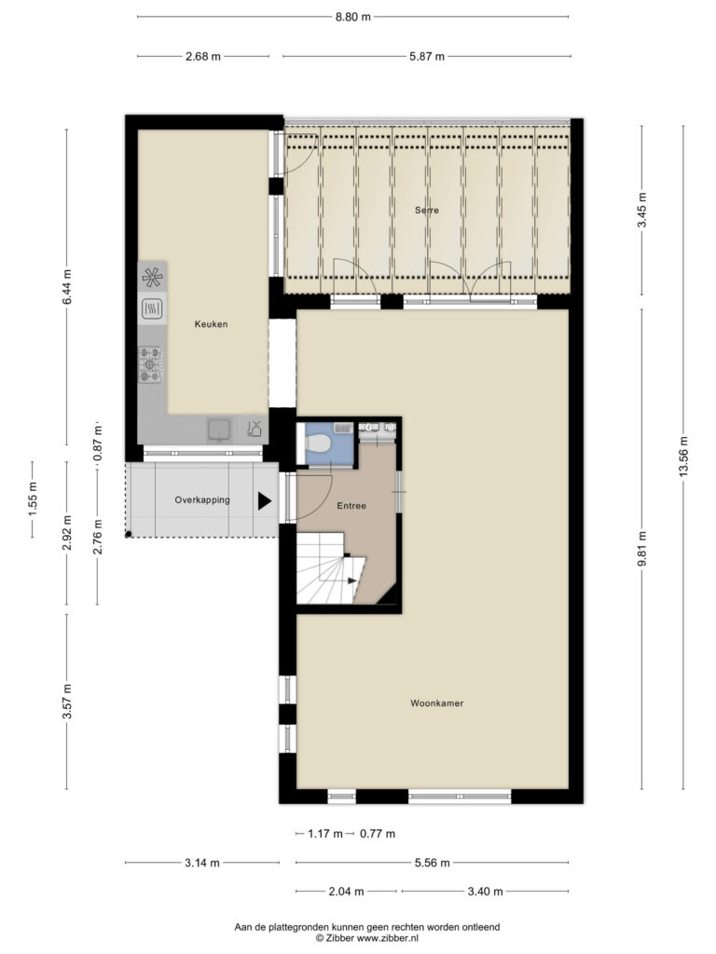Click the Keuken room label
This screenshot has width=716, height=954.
pyautogui.click(x=212, y=324)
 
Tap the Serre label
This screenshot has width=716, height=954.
pyautogui.click(x=427, y=211)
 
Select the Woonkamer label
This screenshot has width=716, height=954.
pyautogui.click(x=436, y=703)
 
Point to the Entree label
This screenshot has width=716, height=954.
pyautogui.click(x=351, y=506)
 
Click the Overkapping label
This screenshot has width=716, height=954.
pyautogui.click(x=202, y=500)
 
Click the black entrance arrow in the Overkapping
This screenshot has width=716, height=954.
pyautogui.click(x=264, y=500)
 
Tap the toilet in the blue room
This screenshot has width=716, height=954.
pyautogui.click(x=318, y=441)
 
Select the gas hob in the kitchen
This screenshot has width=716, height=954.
pyautogui.click(x=150, y=364)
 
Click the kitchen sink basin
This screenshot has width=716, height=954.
pyautogui.click(x=219, y=429)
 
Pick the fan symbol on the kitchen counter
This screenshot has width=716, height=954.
pyautogui.click(x=152, y=278)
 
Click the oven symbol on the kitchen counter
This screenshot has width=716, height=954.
pyautogui.click(x=152, y=309)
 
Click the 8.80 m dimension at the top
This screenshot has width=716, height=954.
pyautogui.click(x=353, y=17)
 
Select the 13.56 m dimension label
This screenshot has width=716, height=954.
pyautogui.click(x=683, y=457)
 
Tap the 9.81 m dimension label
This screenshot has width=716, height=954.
pyautogui.click(x=641, y=548)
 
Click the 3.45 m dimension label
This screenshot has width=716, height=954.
pyautogui.click(x=641, y=210)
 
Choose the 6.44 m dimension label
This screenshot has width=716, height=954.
pyautogui.click(x=67, y=287)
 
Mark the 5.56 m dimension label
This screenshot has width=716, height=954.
pyautogui.click(x=433, y=863)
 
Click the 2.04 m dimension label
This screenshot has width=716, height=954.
pyautogui.click(x=347, y=892)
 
